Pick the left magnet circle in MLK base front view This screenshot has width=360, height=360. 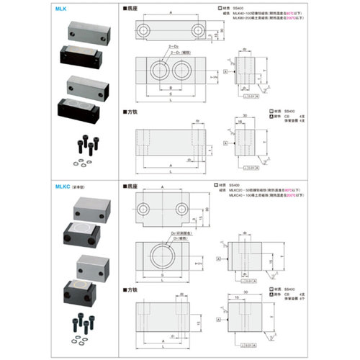(x=158, y=71)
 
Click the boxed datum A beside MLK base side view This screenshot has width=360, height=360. (x=225, y=73)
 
